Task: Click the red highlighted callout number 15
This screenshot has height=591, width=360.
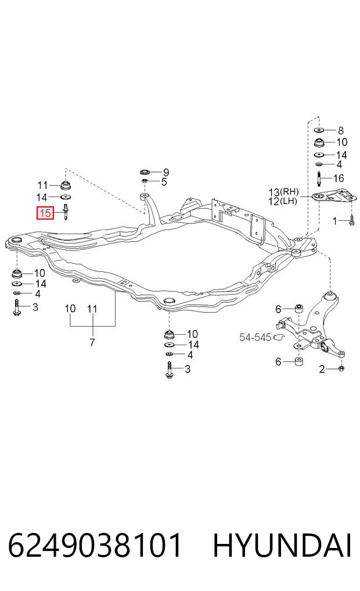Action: [x=45, y=213]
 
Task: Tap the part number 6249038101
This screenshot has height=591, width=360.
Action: [x=95, y=545]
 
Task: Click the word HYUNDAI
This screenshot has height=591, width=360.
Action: [x=282, y=545]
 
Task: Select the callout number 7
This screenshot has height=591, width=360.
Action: [x=92, y=342]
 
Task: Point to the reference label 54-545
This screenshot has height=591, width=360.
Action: [x=255, y=337]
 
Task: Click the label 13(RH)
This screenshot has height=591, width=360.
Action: [x=283, y=192]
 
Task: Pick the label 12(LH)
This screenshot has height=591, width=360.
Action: [x=283, y=201]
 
